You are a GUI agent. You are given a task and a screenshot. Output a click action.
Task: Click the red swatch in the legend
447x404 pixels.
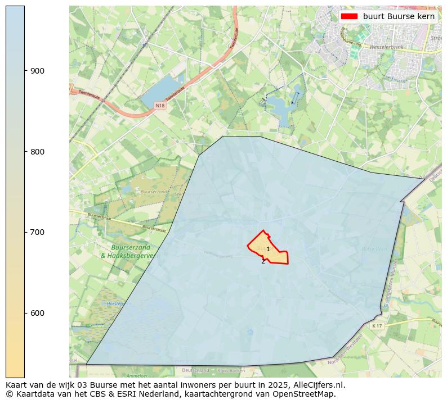pos(349,16)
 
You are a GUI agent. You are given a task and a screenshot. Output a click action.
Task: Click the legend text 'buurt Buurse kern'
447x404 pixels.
pos(399,16)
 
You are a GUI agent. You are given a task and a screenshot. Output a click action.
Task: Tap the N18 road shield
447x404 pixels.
pos(160,106)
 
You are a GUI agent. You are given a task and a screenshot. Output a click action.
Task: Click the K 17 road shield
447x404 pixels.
pos(377,325)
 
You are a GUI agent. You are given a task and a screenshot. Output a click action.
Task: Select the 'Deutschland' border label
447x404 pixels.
pos(195,370)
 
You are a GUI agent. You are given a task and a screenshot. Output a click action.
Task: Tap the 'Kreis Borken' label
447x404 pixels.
pos(230,370)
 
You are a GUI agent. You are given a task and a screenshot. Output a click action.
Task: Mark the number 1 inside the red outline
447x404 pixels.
pos(268,249)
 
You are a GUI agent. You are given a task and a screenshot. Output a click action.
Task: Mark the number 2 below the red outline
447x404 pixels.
pos(263,261)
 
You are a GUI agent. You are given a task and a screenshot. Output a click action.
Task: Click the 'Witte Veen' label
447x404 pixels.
pos(374,249)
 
